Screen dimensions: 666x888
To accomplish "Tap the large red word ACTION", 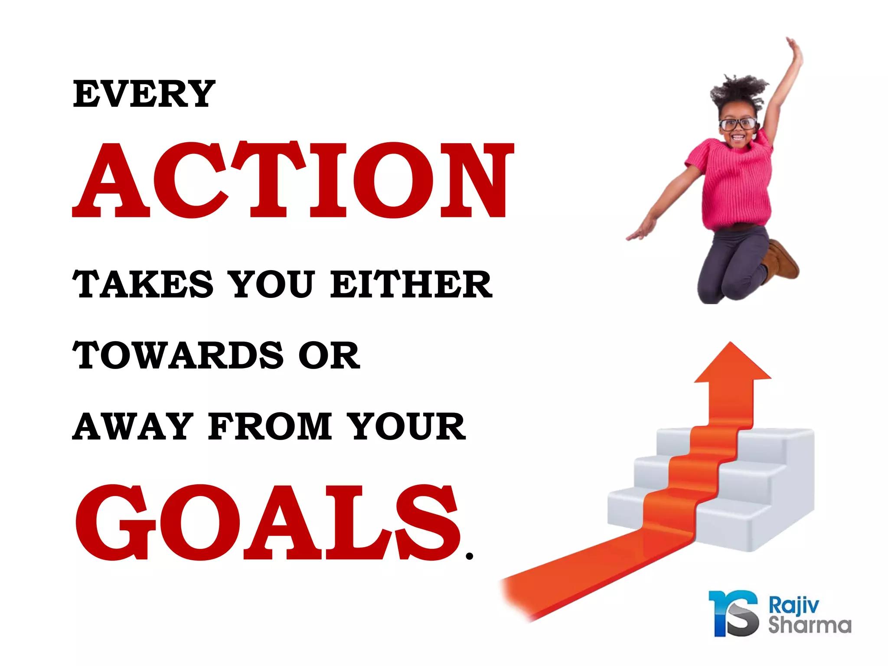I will click(293, 180).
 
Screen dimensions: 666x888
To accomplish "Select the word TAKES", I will click(143, 284).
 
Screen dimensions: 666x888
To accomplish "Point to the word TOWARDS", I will click(178, 356).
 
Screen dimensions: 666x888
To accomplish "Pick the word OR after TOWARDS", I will click(330, 356).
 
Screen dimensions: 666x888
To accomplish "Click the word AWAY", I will click(133, 427).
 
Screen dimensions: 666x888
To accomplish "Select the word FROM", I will click(270, 427).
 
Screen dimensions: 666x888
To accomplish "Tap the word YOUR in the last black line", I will click(408, 427).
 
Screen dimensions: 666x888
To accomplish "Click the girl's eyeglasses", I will click(738, 124).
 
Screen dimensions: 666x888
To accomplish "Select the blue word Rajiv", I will click(793, 605).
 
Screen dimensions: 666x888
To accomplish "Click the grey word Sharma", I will click(809, 625).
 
